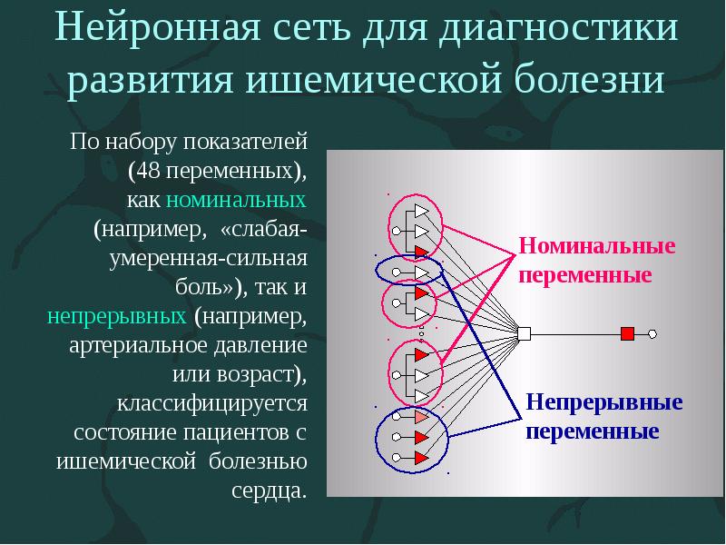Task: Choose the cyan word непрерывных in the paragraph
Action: tap(116, 317)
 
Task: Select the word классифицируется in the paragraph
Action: tap(211, 402)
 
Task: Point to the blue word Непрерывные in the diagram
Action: tap(604, 402)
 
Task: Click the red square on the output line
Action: tap(626, 334)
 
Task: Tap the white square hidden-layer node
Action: tap(523, 334)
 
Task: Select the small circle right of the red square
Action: tap(652, 334)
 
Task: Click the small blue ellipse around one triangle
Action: tap(408, 271)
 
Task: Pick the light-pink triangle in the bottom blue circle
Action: tap(420, 418)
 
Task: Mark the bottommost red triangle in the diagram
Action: tap(420, 458)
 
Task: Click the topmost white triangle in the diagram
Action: tap(420, 211)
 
